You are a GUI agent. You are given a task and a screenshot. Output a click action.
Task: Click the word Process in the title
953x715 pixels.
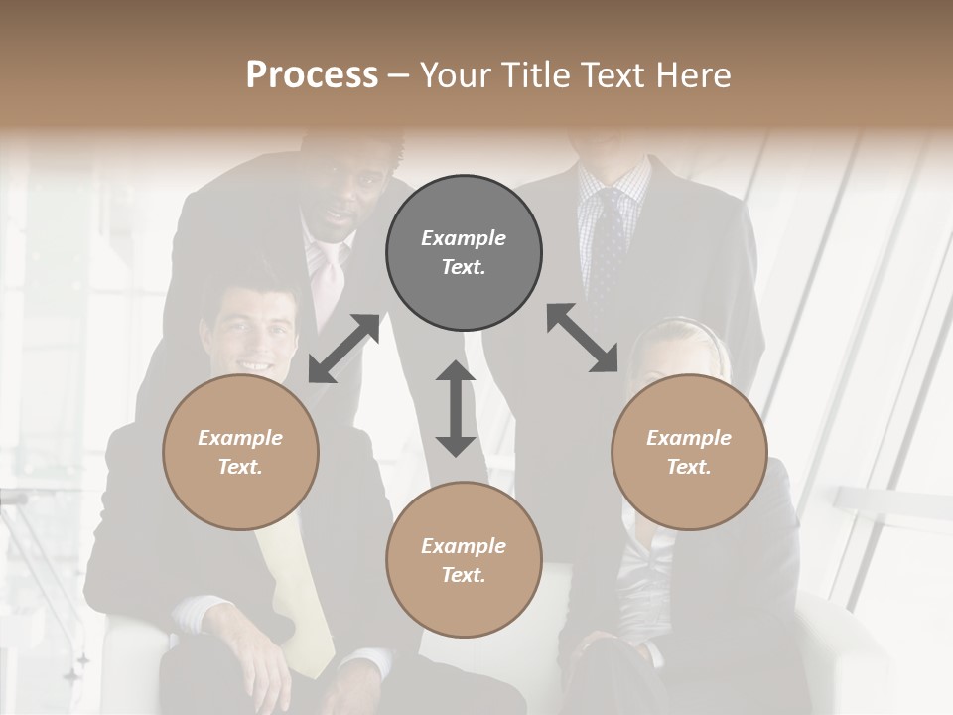312,75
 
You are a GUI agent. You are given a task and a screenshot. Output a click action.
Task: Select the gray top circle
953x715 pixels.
464,252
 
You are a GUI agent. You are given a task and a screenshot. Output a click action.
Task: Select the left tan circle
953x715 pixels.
240,452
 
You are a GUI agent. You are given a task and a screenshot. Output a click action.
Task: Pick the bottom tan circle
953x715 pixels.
464,560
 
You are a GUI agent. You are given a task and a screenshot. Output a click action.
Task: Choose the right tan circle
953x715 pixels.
688,452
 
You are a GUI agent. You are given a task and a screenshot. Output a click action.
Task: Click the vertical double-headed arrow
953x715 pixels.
456,408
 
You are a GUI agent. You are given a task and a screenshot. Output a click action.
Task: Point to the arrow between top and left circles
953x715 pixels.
343,348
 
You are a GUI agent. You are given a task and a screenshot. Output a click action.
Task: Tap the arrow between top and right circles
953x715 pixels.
582,338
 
